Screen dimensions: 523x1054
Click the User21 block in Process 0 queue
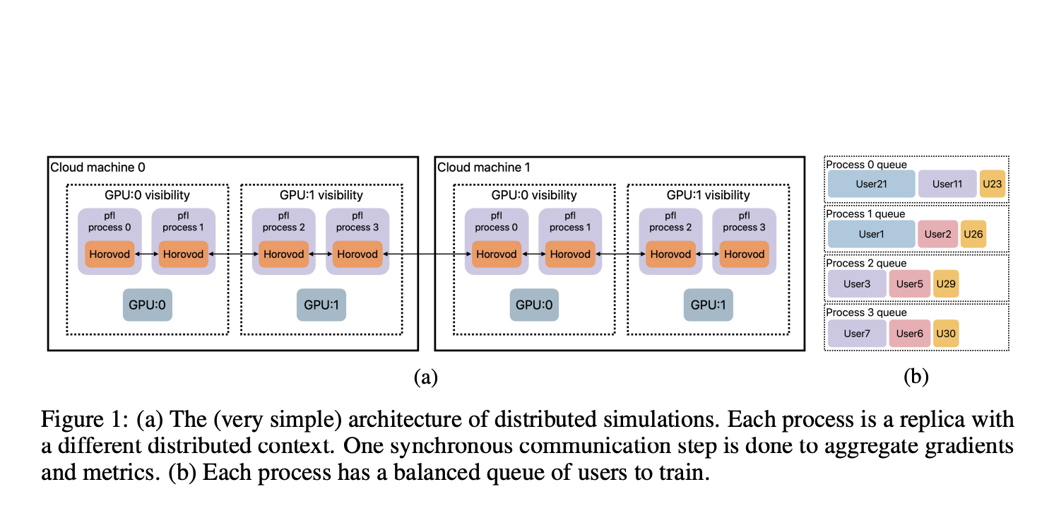coord(870,184)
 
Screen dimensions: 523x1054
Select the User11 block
coord(947,184)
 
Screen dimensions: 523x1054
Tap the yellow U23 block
coord(991,184)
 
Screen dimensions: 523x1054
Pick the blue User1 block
coord(870,234)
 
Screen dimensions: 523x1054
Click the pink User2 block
coord(937,234)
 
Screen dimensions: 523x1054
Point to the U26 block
coord(973,234)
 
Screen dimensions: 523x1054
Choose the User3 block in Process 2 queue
coord(856,284)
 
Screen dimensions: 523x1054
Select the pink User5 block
coord(909,284)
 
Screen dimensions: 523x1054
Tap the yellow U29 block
coord(945,284)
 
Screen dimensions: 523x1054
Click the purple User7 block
coord(856,333)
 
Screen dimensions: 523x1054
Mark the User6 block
coord(909,333)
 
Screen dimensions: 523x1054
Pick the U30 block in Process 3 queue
coord(945,333)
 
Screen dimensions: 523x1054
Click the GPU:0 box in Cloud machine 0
coord(148,305)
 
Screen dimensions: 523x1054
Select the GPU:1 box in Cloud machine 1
coord(709,305)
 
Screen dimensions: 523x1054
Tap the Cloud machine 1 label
coord(484,168)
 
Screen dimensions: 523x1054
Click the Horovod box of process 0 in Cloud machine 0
coord(110,254)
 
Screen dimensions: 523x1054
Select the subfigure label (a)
coord(425,377)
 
